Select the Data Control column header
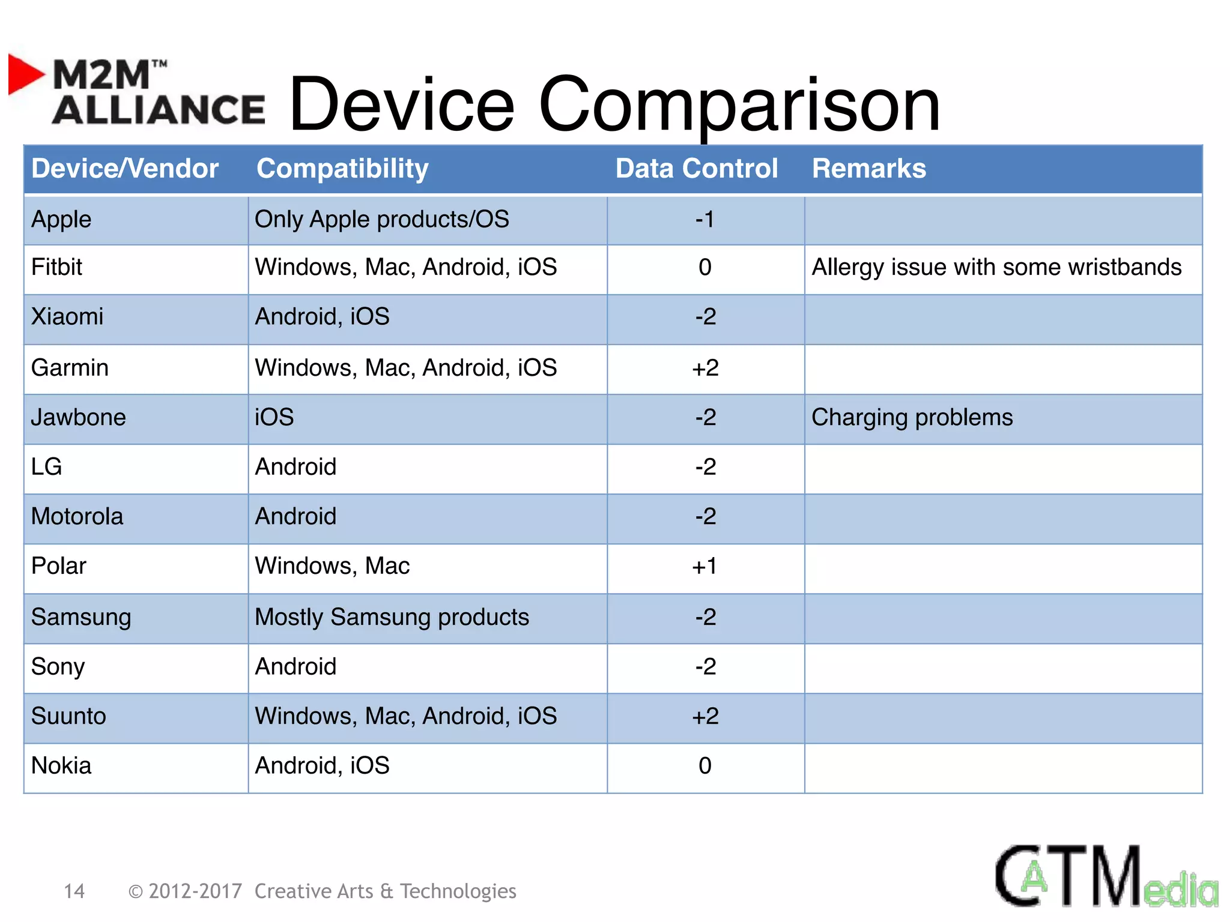[x=696, y=169]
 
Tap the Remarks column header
[x=868, y=169]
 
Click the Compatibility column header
[x=342, y=169]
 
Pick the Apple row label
[x=61, y=220]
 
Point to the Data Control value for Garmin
[x=705, y=368]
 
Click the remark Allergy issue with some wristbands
[x=996, y=268]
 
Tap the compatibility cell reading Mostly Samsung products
[x=392, y=618]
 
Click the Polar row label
[x=59, y=566]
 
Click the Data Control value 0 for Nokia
[x=705, y=766]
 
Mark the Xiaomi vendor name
[x=67, y=317]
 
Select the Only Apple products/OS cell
[x=381, y=220]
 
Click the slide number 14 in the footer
[x=74, y=891]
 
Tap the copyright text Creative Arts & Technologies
[x=384, y=891]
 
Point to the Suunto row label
[x=68, y=716]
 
